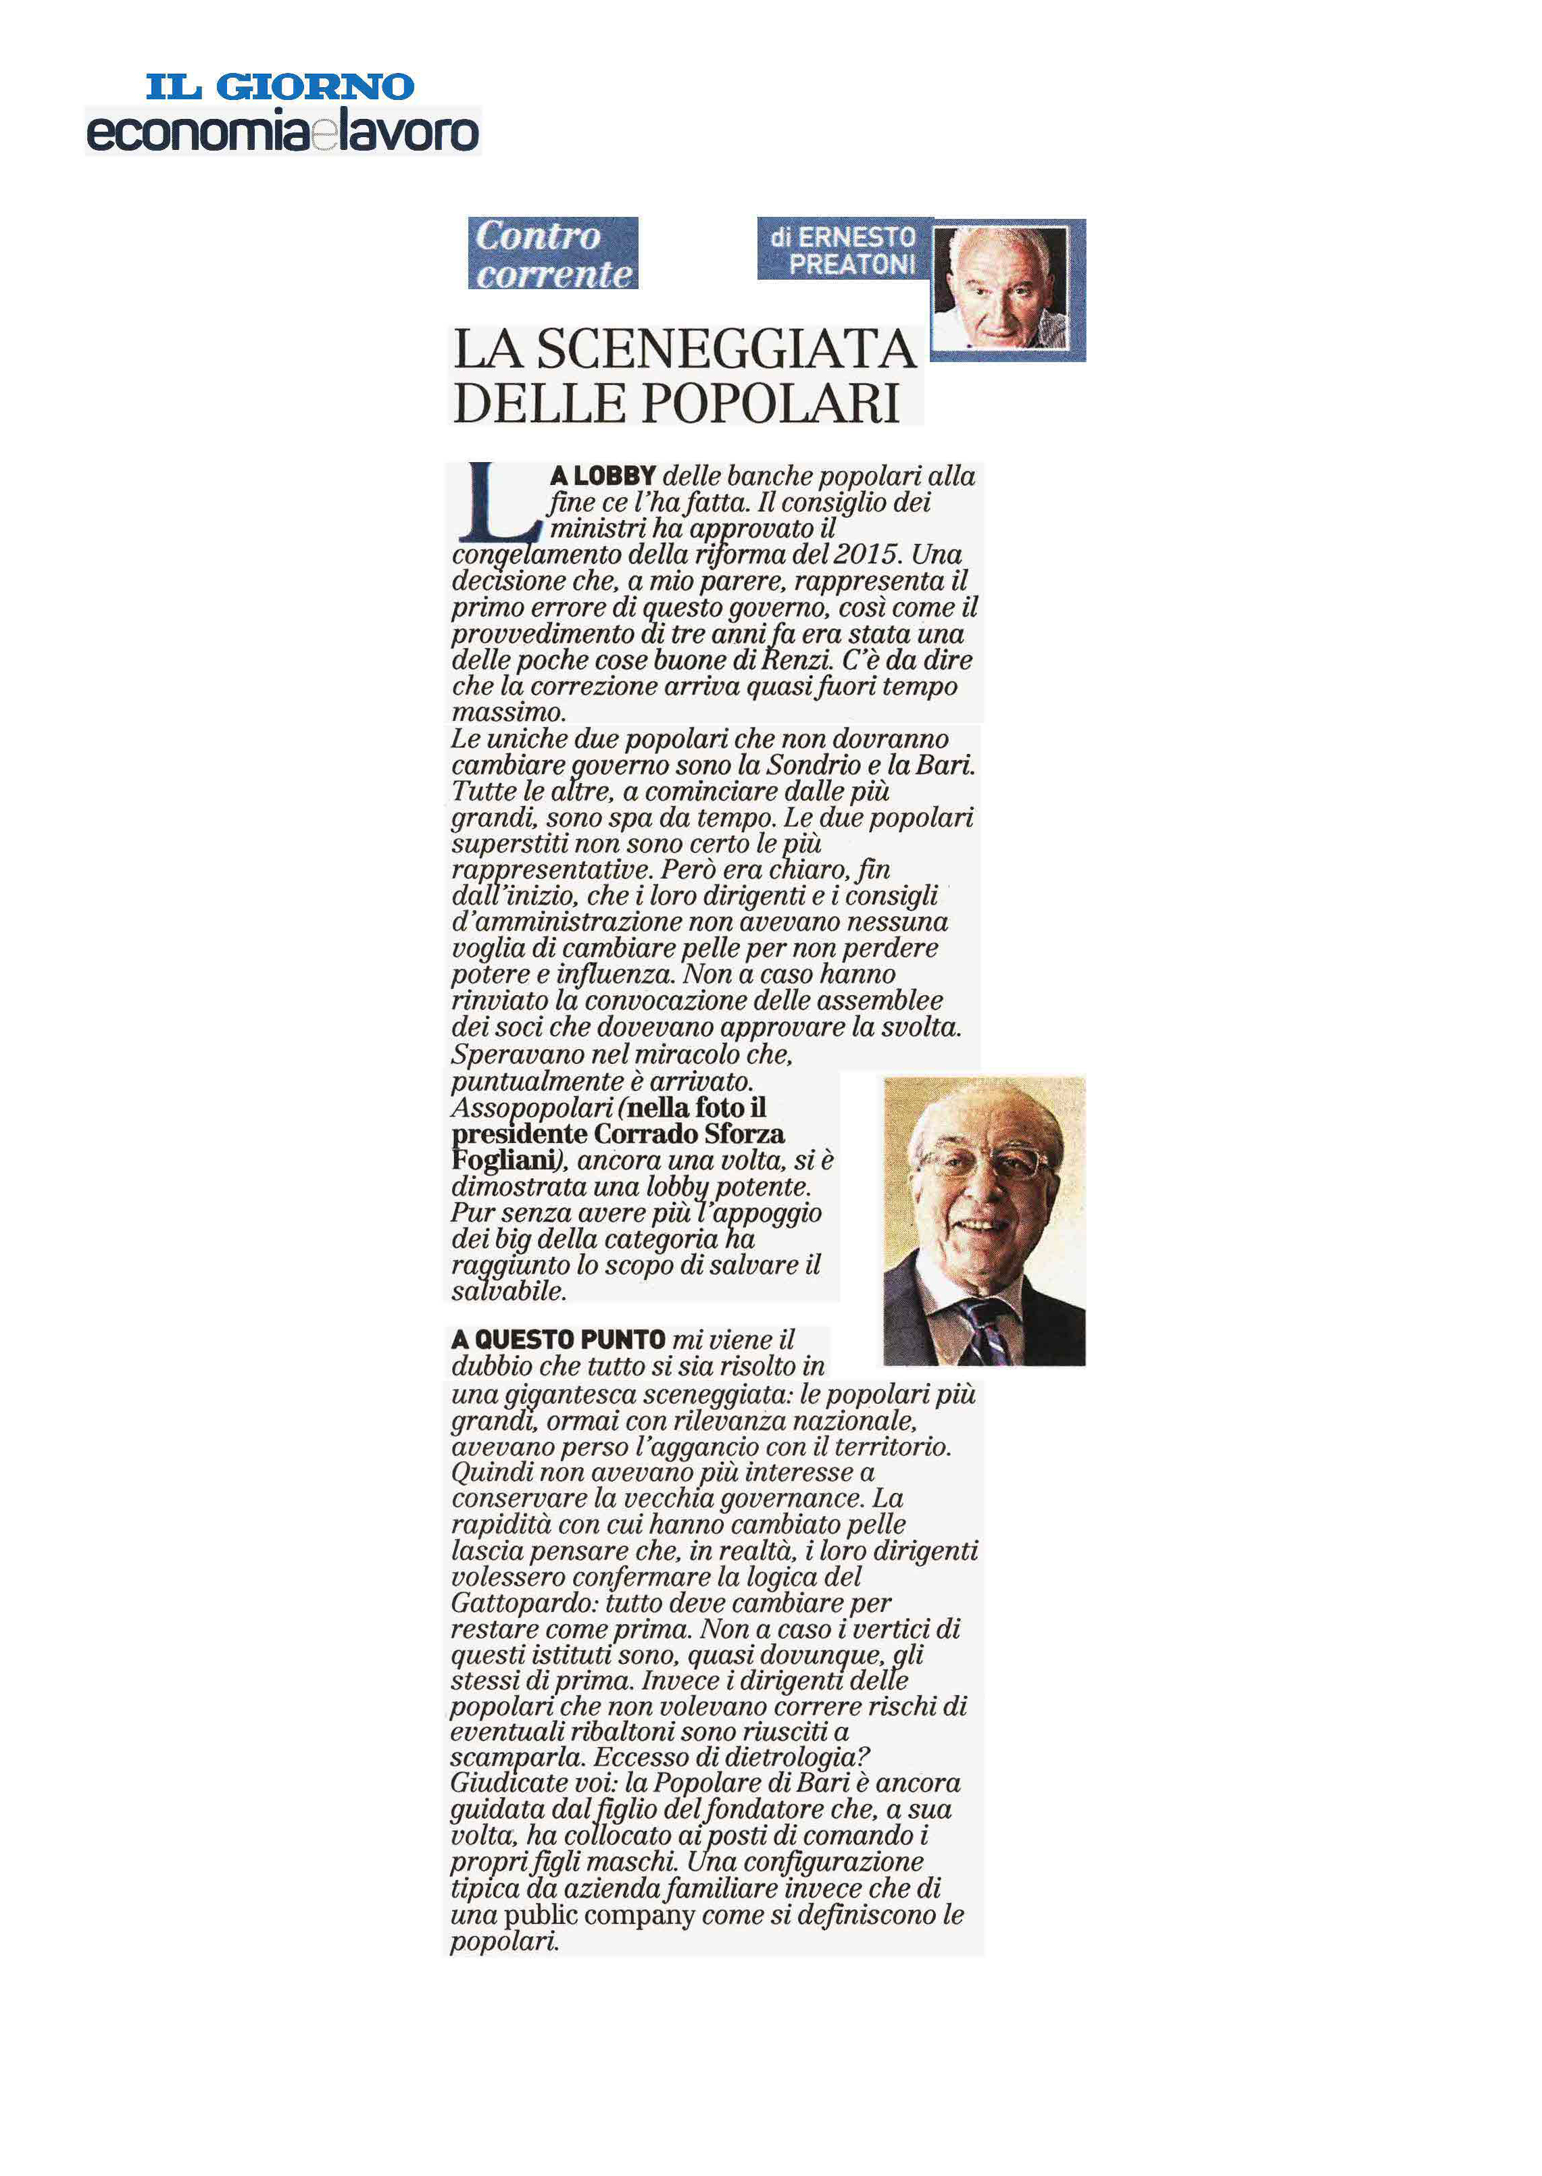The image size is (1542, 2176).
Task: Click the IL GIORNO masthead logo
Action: coord(280,87)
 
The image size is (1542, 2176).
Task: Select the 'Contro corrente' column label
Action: coord(553,253)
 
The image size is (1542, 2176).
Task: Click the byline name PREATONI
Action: coord(851,265)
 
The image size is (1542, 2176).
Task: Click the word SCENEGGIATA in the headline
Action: coord(726,349)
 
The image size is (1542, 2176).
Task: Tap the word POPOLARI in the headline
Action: coord(770,403)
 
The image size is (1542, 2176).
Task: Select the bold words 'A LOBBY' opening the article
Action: coord(603,476)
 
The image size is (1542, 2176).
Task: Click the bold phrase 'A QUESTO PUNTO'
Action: coord(558,1340)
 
